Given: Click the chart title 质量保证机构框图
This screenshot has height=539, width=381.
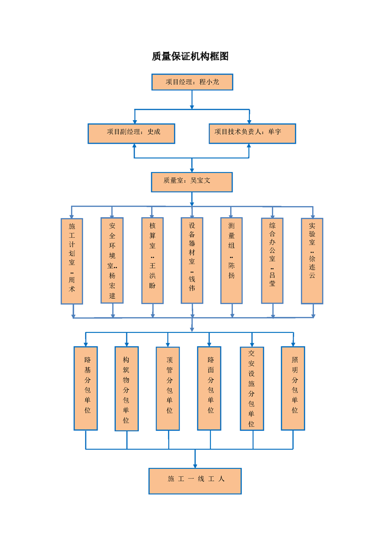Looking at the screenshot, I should pos(190,57).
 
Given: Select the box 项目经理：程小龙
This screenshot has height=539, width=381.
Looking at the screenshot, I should pos(192,82).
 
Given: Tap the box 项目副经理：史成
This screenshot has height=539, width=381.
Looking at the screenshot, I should pos(131,134).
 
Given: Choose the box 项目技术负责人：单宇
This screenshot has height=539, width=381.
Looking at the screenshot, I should pos(252,134).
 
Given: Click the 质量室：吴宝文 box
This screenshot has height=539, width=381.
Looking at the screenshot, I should pos(192,182).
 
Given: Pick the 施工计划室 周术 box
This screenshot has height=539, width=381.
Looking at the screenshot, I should pos(72,261).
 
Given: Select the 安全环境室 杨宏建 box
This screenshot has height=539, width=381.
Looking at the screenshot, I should pos(112,260).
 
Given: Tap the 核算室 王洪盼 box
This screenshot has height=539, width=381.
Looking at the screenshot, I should pos(153,260).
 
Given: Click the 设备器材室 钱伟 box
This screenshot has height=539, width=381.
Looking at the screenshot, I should pos(192,260).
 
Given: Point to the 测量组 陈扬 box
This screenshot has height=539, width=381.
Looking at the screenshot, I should pos(232,260).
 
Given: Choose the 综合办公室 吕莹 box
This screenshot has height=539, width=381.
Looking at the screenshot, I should pos(272,260).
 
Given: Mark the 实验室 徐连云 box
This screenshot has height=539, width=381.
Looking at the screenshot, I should pos(312,260).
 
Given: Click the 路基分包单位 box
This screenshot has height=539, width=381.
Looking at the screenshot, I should pos(86,388).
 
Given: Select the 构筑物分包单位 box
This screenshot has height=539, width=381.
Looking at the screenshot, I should pos(126,388).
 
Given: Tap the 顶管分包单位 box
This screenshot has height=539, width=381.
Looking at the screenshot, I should pos(168,388).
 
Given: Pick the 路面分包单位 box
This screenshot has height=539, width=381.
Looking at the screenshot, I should pos(209,388).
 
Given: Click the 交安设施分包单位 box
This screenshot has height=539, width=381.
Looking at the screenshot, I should pos(252,388).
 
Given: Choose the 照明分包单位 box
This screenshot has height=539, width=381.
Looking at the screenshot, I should pos(293,388).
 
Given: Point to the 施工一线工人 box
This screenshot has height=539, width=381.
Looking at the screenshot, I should pos(195,481).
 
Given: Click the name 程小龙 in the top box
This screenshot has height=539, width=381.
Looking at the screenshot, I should pos(209,82).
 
